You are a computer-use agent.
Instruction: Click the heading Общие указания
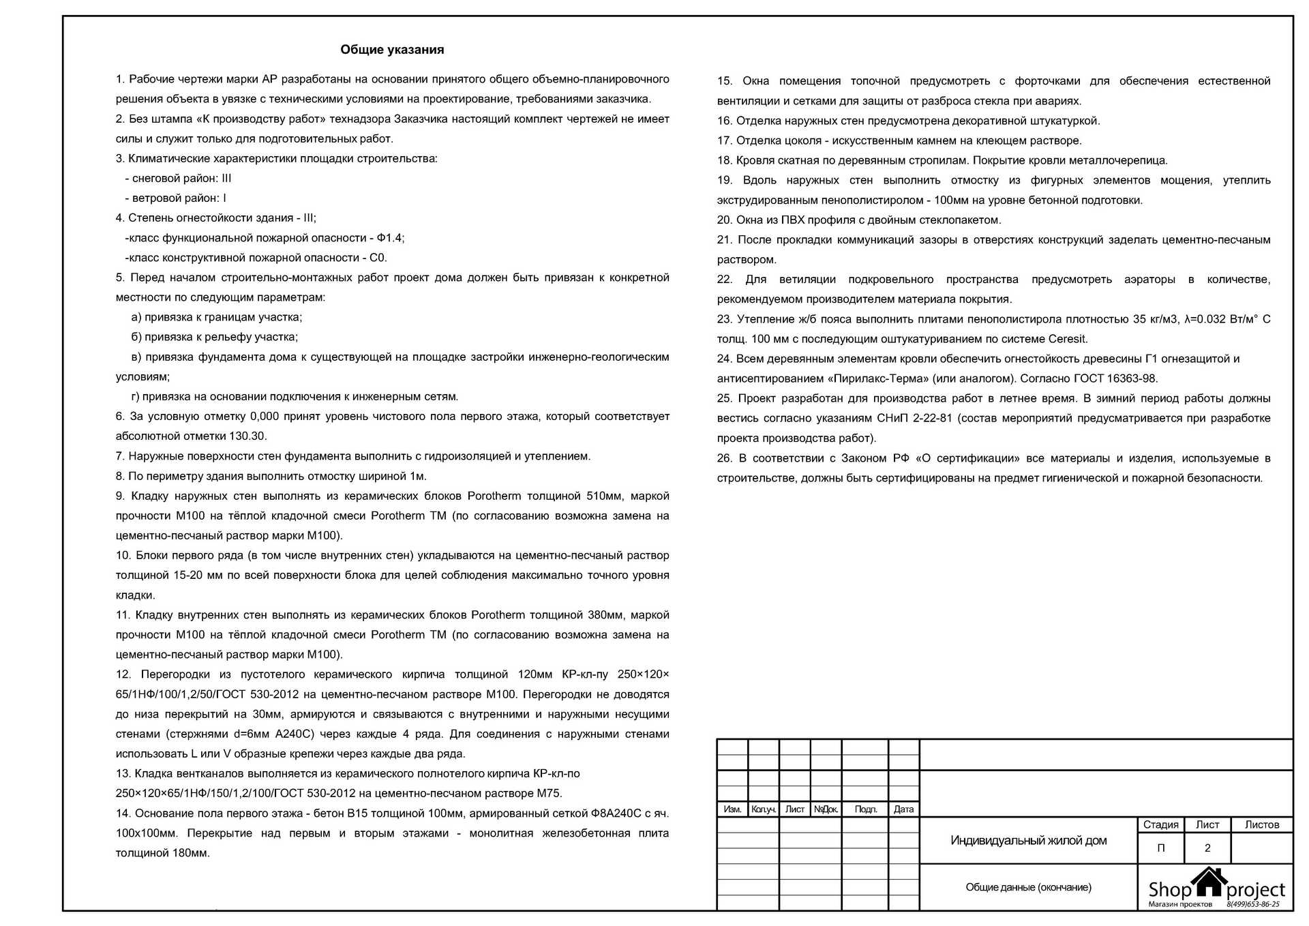[x=392, y=50]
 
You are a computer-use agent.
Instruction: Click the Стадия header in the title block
[x=1160, y=824]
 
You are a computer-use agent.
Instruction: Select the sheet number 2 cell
[x=1207, y=848]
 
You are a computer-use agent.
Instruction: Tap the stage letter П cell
[x=1160, y=848]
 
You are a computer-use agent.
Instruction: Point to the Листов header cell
[x=1262, y=824]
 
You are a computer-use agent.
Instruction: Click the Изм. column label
[x=732, y=809]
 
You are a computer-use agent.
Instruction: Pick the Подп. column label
[x=865, y=809]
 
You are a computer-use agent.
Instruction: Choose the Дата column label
[x=903, y=809]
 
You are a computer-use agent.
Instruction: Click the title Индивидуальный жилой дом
[x=1028, y=841]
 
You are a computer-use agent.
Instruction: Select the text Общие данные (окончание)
[x=1028, y=887]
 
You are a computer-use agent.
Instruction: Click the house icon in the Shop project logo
[x=1209, y=882]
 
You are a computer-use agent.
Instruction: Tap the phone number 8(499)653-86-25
[x=1253, y=904]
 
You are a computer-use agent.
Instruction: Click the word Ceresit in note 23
[x=1068, y=339]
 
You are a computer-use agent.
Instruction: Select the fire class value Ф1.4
[x=390, y=238]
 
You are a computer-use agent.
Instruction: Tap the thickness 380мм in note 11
[x=605, y=615]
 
